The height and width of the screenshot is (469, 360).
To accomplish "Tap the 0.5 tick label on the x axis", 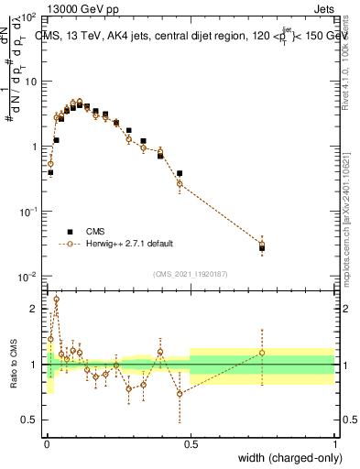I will point(191,443).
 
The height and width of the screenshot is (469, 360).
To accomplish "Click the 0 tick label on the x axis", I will point(48,443).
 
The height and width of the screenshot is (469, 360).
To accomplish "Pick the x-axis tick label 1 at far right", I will point(334,443).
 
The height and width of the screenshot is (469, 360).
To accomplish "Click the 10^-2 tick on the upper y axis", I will point(30,277).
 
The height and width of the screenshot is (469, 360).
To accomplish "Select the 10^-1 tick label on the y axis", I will point(30,212).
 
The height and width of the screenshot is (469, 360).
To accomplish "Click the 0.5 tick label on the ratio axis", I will point(32,420).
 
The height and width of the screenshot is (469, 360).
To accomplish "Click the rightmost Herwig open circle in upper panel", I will point(262,244).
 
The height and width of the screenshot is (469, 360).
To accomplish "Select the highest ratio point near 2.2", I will point(56,299).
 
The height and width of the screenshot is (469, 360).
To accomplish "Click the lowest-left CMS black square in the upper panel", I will point(50,172).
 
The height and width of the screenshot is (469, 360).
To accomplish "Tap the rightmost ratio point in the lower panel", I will point(262,353).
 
